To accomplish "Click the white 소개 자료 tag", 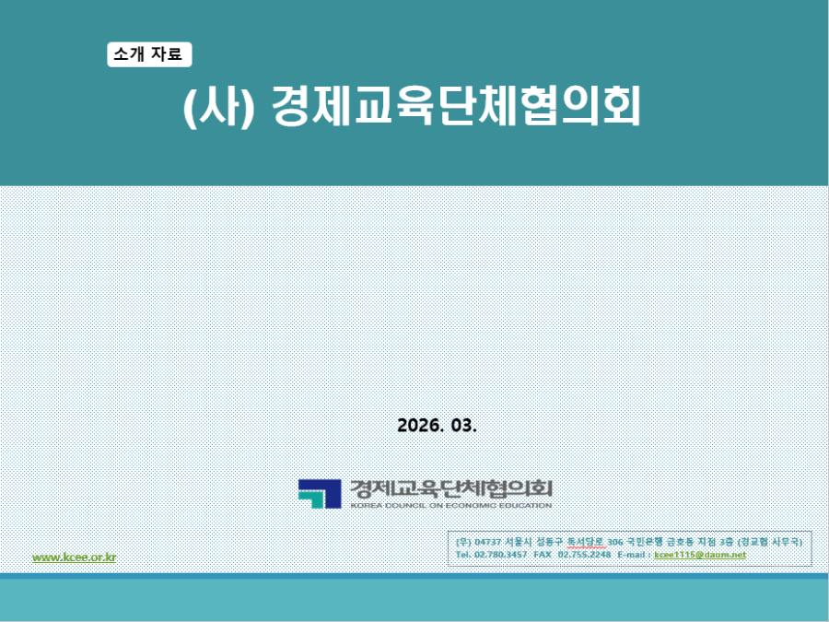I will point(149,55).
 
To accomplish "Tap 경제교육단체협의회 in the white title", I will point(456,109).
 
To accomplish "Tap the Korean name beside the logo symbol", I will point(450,487).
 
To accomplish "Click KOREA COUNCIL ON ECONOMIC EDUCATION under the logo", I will point(450,505).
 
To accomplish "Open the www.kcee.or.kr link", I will point(75,557).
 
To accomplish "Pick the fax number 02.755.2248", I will point(584,555).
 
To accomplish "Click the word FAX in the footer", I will point(543,555).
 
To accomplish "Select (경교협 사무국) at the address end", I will point(771,542).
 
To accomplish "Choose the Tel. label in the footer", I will point(464,555).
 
